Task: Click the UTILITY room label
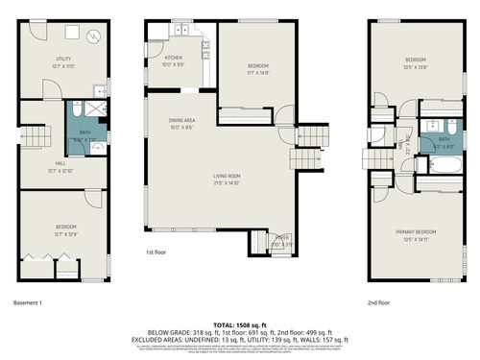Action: pyautogui.click(x=63, y=60)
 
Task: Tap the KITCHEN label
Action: pyautogui.click(x=172, y=60)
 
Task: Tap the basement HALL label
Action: pyautogui.click(x=60, y=164)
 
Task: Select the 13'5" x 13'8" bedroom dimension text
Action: pyautogui.click(x=415, y=67)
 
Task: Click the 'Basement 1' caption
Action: pyautogui.click(x=28, y=302)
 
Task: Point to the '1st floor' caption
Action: pyautogui.click(x=157, y=252)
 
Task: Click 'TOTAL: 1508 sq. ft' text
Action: pyautogui.click(x=240, y=325)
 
